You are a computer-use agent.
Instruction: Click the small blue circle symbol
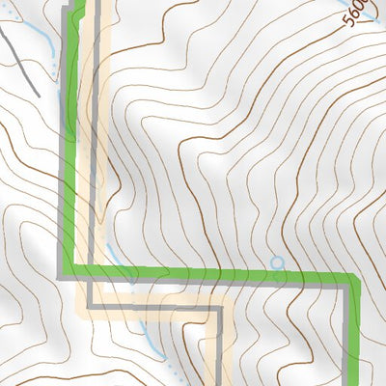[278, 262]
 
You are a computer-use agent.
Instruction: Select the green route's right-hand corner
[352, 283]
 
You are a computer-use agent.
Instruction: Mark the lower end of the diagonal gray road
[37, 94]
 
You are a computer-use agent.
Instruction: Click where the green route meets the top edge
[77, 3]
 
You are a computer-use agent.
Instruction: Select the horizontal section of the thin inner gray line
[154, 310]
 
